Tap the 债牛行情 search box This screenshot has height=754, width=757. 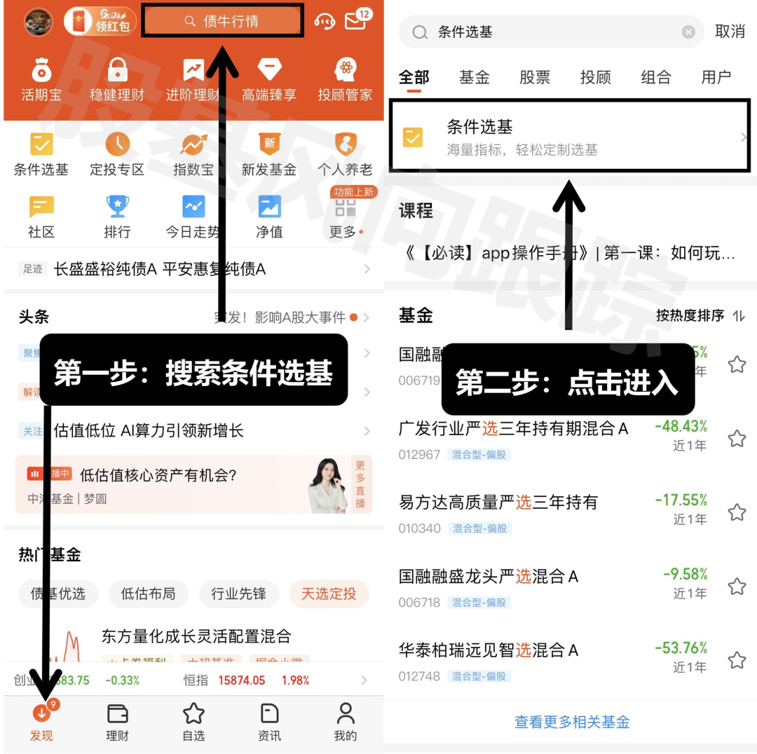[x=223, y=21]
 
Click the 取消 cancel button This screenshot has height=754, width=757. [x=729, y=32]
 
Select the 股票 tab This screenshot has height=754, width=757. [x=535, y=77]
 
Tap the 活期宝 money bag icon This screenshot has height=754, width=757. [x=41, y=70]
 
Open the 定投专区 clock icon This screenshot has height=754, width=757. [x=117, y=144]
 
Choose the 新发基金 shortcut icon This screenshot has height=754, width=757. [x=269, y=144]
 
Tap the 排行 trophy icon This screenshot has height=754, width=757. [x=117, y=207]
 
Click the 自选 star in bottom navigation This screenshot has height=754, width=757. [x=193, y=714]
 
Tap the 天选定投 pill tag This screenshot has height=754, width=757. [x=329, y=594]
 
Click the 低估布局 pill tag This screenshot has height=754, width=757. [x=148, y=594]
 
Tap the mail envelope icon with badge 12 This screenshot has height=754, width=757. [x=356, y=21]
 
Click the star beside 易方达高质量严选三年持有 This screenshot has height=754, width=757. [x=737, y=512]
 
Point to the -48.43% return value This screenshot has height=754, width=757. [x=681, y=426]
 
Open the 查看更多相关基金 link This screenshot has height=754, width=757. [x=572, y=722]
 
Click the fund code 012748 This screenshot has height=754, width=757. [x=419, y=676]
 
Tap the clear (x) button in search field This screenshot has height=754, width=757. [x=688, y=32]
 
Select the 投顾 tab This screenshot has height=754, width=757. [x=595, y=77]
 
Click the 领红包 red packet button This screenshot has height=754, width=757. [x=100, y=22]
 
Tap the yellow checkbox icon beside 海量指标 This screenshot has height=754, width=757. [x=413, y=137]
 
